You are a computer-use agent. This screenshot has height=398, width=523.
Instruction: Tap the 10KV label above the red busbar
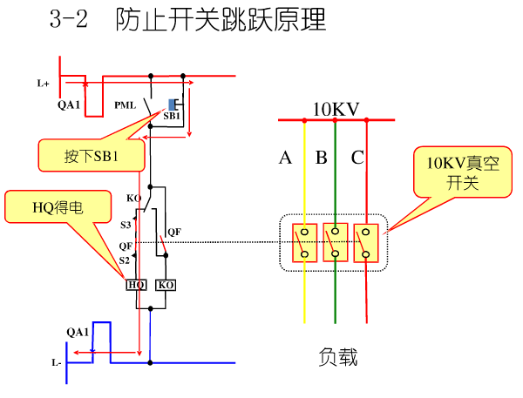336,110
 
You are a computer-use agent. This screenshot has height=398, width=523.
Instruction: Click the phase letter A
285,158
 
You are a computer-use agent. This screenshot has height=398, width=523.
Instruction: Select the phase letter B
321,158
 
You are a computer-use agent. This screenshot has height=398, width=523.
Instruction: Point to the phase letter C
357,158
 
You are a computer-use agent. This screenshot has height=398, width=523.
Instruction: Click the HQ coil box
136,285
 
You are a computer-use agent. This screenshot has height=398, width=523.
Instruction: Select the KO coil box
165,285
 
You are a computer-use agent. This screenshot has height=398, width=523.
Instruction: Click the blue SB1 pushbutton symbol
173,104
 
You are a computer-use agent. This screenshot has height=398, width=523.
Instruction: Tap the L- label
56,362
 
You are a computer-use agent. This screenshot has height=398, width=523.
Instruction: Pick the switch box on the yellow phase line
304,242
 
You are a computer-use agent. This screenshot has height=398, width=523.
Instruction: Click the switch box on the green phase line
336,242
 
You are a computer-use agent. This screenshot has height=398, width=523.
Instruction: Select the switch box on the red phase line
366,242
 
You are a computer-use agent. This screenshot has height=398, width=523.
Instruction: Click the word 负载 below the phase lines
338,357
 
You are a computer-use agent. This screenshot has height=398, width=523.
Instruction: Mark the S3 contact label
126,224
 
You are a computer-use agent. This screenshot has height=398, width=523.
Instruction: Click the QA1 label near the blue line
78,332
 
